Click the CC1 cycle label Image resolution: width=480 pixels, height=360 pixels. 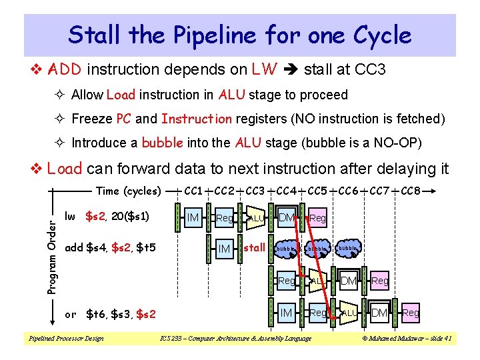pyautogui.click(x=194, y=191)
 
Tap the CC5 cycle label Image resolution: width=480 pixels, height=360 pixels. pyautogui.click(x=318, y=191)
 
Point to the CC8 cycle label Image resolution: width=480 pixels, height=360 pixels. pyautogui.click(x=411, y=191)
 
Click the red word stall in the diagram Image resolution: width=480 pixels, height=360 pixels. pyautogui.click(x=255, y=248)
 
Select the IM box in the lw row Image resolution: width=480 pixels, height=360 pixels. pyautogui.click(x=193, y=217)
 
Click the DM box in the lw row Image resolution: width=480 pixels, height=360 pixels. pyautogui.click(x=287, y=217)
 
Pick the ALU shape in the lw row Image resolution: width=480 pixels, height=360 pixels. pyautogui.click(x=255, y=217)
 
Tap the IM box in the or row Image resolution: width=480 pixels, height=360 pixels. pyautogui.click(x=287, y=313)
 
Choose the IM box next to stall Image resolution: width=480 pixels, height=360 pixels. pyautogui.click(x=225, y=249)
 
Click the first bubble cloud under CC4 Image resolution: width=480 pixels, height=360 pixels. pyautogui.click(x=286, y=249)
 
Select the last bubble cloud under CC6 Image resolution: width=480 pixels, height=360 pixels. pyautogui.click(x=348, y=249)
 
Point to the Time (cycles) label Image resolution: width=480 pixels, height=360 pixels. pyautogui.click(x=129, y=191)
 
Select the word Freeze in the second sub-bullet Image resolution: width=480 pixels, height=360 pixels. pyautogui.click(x=92, y=119)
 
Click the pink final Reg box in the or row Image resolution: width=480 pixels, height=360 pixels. pyautogui.click(x=411, y=313)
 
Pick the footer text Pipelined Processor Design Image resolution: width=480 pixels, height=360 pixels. pyautogui.click(x=65, y=339)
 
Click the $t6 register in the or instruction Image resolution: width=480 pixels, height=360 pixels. pyautogui.click(x=97, y=314)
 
